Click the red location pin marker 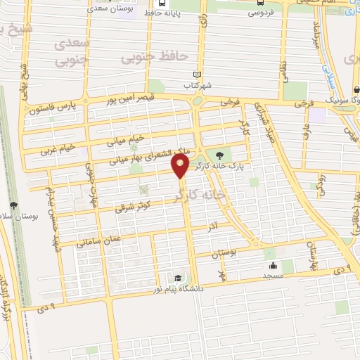181,167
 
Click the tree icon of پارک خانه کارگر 221,155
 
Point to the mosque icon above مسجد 272,266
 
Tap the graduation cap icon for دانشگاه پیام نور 177,279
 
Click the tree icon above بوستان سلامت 14,205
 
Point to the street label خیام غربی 56,149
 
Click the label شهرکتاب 198,85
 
